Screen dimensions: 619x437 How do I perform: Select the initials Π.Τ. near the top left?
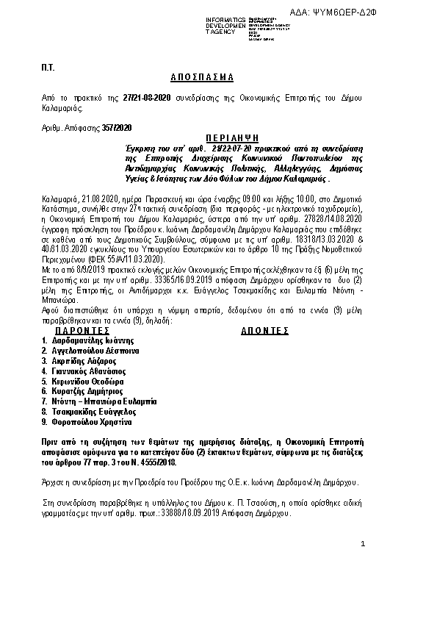click(47, 67)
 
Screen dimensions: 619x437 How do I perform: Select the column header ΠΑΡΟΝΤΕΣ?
click(82, 332)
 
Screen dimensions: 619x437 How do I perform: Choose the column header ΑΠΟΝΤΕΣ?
click(265, 332)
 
